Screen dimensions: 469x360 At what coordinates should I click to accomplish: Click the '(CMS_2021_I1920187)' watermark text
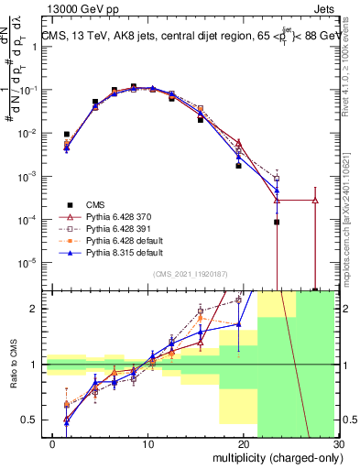coord(191,275)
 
